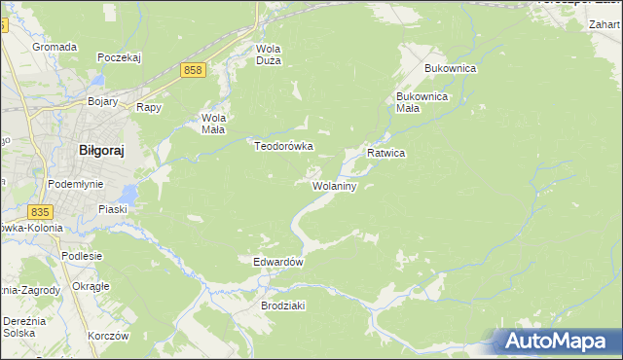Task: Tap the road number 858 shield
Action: [x=193, y=70]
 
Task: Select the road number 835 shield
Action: [x=40, y=211]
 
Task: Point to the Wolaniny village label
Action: [x=336, y=185]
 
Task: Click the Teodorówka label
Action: [x=283, y=146]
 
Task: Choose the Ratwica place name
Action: [x=385, y=154]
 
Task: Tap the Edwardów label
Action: [x=279, y=263]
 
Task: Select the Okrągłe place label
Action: [x=91, y=286]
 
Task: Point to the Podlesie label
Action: [x=82, y=256]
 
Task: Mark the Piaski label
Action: [x=114, y=209]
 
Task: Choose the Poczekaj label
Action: [x=120, y=57]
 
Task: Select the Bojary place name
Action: [x=102, y=101]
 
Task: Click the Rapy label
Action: [x=148, y=108]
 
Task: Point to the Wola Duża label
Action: [x=268, y=54]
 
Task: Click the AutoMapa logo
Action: [x=556, y=341]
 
